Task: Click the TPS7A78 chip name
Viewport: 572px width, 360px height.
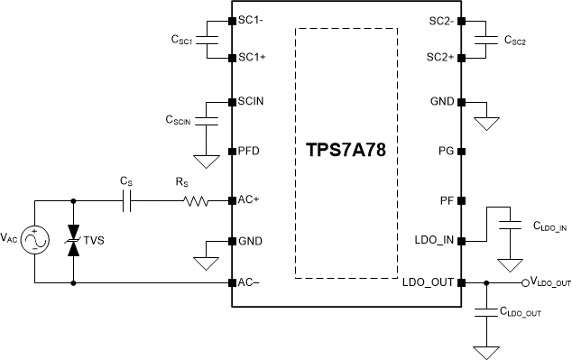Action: point(346,150)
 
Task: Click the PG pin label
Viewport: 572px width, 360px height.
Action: point(445,150)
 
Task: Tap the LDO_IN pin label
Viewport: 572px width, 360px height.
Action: point(433,241)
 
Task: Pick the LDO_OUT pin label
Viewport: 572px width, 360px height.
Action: point(429,282)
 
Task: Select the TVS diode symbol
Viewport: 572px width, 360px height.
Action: point(74,241)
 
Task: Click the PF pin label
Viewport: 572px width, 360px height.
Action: point(446,198)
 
